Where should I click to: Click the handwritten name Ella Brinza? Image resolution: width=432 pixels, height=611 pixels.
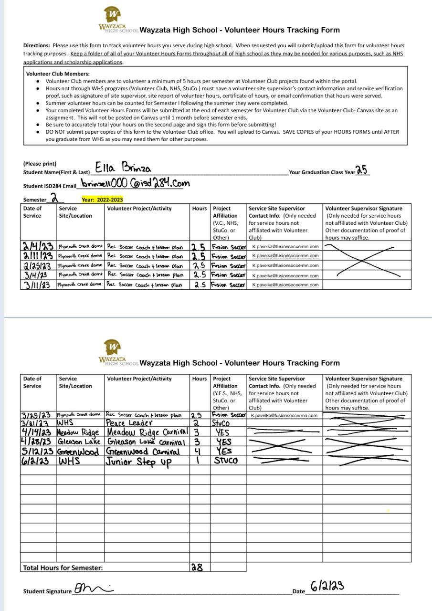click(123, 168)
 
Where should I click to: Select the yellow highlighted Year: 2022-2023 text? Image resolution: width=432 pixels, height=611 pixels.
click(102, 200)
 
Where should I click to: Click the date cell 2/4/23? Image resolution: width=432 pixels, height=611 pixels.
click(38, 247)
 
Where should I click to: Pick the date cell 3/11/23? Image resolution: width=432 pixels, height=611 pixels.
click(38, 285)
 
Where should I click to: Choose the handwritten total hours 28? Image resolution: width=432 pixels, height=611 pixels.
click(197, 568)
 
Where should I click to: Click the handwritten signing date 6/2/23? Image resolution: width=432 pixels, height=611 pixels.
click(327, 586)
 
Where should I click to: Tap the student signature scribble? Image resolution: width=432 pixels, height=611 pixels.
click(93, 589)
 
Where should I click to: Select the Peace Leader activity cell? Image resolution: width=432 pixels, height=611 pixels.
click(129, 423)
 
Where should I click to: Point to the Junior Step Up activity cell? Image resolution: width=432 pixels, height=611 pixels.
click(138, 462)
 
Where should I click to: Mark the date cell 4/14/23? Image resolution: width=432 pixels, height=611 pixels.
click(38, 432)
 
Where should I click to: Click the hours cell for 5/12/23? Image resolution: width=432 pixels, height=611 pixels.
click(198, 452)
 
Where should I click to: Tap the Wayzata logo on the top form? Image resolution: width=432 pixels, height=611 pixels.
click(113, 14)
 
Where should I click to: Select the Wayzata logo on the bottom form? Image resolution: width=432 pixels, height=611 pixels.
click(113, 348)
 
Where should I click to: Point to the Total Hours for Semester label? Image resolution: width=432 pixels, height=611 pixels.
click(63, 568)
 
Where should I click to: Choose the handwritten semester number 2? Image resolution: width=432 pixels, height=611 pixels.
click(55, 198)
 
